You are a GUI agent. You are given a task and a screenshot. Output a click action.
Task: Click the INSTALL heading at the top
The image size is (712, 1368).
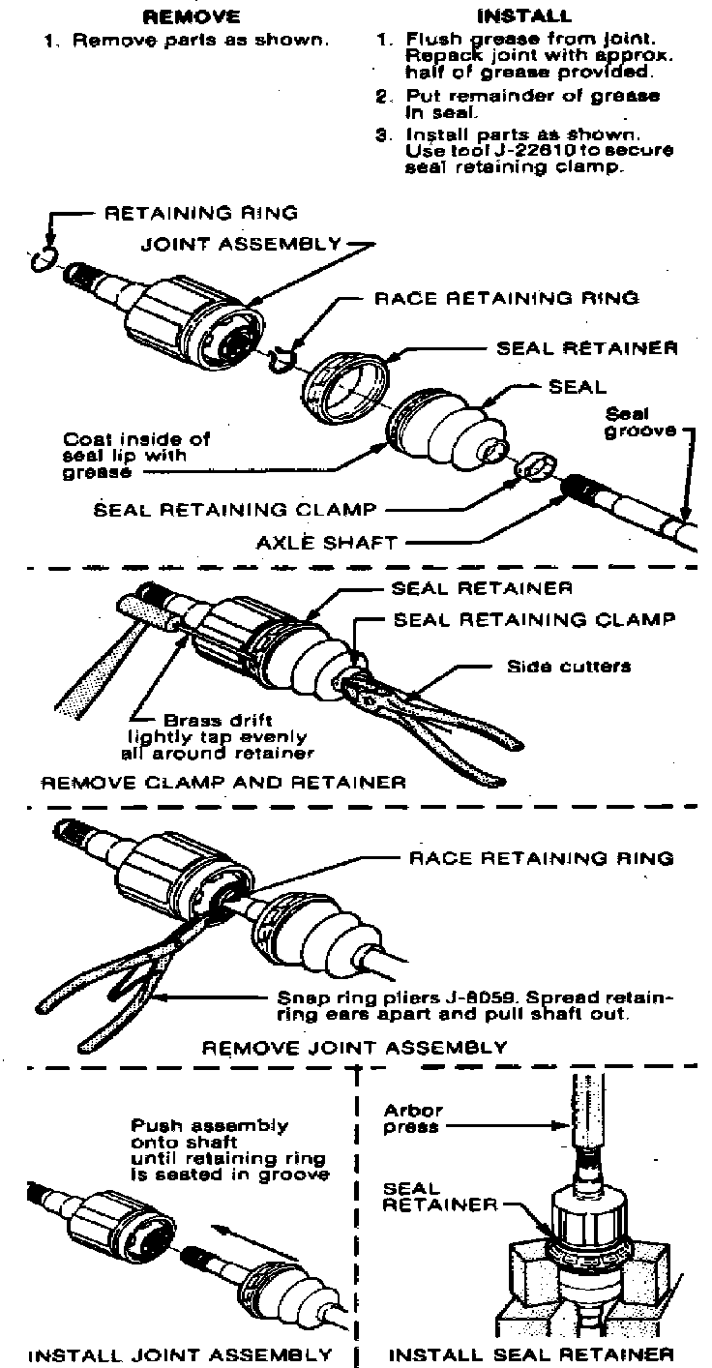click(524, 16)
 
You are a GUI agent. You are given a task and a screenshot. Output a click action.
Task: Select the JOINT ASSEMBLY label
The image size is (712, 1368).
click(241, 244)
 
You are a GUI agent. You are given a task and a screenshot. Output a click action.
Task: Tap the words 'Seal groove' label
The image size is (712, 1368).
click(639, 421)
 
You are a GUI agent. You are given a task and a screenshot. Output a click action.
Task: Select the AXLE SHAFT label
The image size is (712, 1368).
click(329, 543)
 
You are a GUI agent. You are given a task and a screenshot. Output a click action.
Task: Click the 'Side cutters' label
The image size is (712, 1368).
click(570, 666)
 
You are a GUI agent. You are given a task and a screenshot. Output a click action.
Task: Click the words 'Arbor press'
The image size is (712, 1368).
click(412, 1119)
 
